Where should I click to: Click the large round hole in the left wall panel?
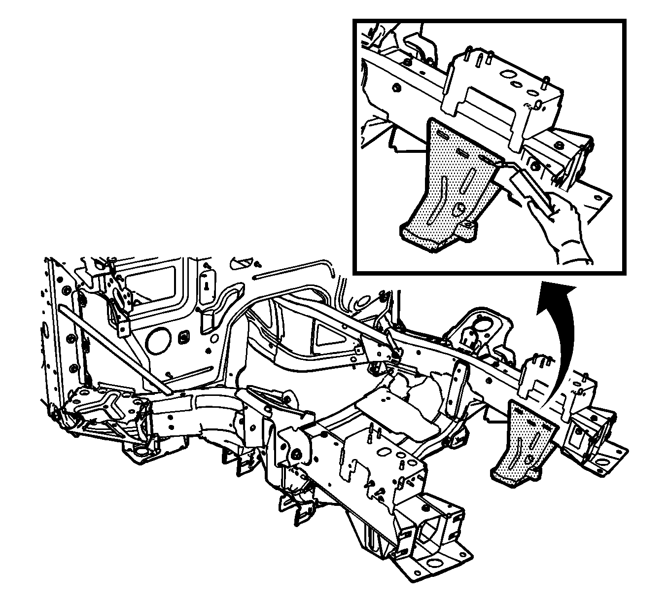[x=159, y=340]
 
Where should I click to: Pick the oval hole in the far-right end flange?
[x=604, y=462]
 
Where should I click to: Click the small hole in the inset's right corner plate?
[x=599, y=198]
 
